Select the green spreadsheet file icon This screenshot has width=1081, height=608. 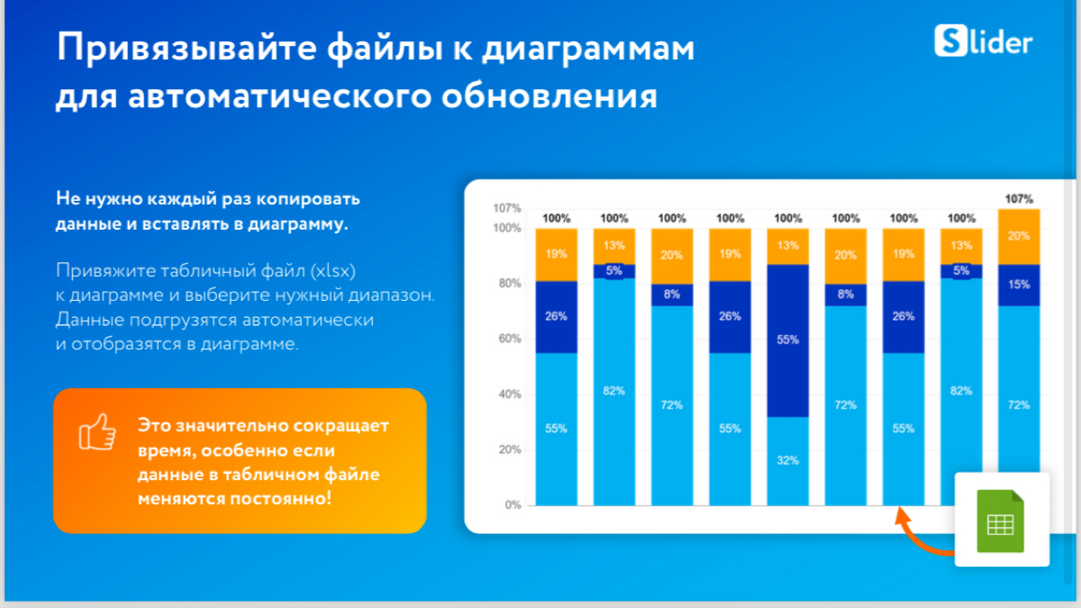point(1001,521)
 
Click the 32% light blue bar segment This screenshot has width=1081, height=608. point(787,459)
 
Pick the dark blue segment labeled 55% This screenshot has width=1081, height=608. point(787,340)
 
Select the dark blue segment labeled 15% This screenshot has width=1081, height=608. point(1019,285)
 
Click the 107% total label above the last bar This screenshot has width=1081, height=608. point(1019,199)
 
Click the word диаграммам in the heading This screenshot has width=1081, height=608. point(587,49)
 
